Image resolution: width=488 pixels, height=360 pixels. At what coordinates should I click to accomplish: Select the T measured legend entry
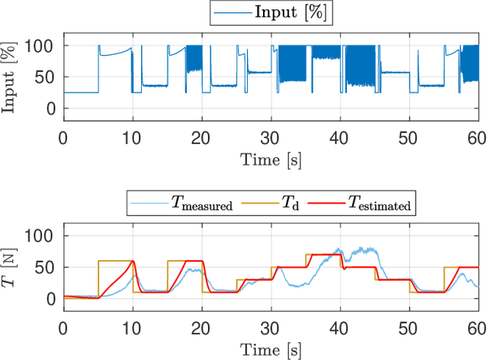[202, 205]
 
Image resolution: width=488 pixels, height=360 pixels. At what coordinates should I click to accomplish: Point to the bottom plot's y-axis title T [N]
[11, 267]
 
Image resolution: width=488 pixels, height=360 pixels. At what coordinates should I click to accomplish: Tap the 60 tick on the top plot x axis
[476, 137]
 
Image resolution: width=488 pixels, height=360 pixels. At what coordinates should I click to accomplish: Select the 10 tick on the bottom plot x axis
[133, 328]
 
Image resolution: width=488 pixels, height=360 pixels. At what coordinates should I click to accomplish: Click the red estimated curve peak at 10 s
[133, 262]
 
